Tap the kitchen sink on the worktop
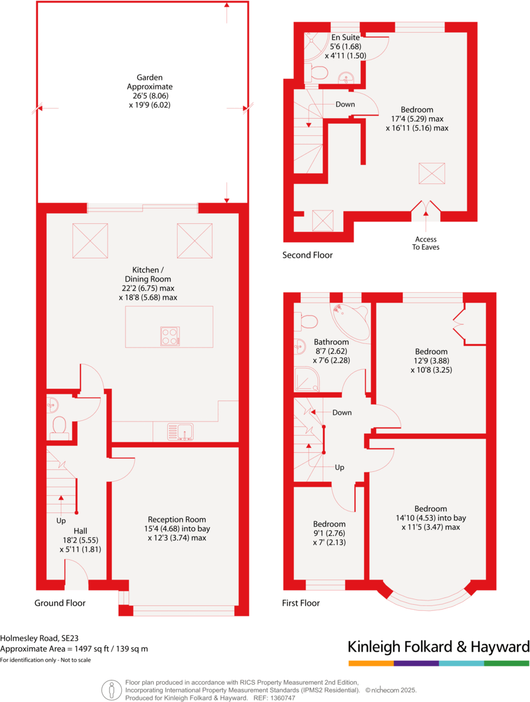tap(180, 432)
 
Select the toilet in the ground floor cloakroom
tap(59, 426)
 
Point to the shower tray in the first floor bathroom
tap(307, 380)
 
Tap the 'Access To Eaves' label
tap(425, 243)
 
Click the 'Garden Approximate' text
tap(149, 82)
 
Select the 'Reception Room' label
tap(176, 519)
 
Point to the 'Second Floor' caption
tap(307, 255)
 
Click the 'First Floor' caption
tap(301, 603)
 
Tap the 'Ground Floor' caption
tap(60, 603)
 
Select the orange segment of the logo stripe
tap(371, 663)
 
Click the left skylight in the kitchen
tap(90, 241)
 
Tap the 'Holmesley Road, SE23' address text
tap(39, 638)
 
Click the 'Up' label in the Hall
tap(60, 520)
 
